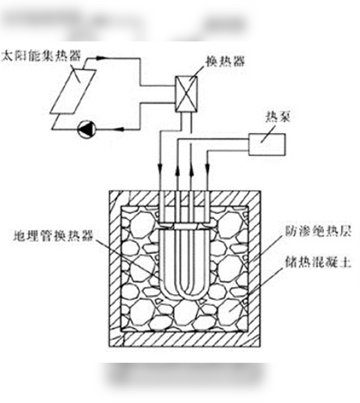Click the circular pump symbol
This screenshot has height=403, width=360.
(x=86, y=128)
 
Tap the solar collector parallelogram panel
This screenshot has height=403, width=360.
(x=73, y=91)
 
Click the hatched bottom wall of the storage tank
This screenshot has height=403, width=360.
(x=184, y=341)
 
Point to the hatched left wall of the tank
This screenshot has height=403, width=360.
(x=113, y=270)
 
